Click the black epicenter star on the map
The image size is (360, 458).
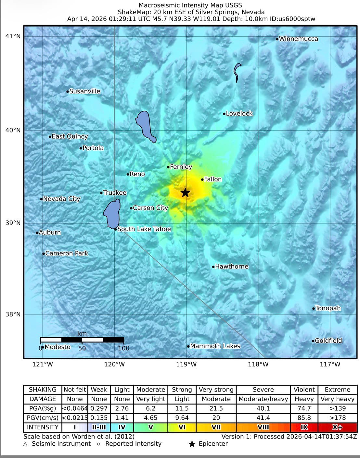point(185,192)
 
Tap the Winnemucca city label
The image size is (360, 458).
point(298,39)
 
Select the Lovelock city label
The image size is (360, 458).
point(239,114)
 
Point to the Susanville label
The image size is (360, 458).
point(84,91)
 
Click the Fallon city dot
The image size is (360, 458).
point(202,179)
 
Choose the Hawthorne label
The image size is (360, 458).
point(232,266)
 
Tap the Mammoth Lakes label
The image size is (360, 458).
point(215,346)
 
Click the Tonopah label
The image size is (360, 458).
point(328,308)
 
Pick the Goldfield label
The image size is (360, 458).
point(328,340)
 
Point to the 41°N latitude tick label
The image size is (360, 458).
point(13,36)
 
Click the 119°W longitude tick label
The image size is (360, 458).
point(186,364)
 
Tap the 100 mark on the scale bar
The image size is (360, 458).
point(123,348)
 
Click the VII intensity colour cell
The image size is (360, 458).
point(216,427)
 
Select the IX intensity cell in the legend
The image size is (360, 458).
point(304,427)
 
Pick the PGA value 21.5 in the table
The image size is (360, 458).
point(216,408)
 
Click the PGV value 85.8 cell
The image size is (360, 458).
point(304,418)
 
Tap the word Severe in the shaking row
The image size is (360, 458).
point(263,390)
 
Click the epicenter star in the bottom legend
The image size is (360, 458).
point(192,444)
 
